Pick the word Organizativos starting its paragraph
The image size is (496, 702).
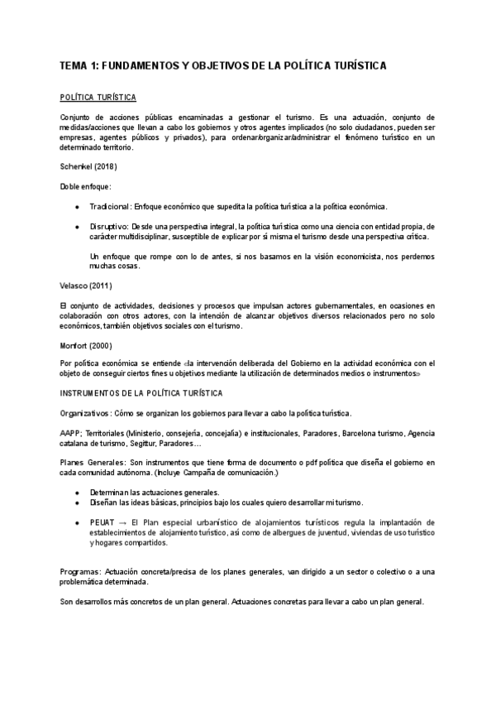click(85, 412)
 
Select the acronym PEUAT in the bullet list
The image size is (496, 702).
click(103, 523)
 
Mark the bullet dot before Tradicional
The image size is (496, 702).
click(76, 206)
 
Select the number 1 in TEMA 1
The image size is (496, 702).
click(92, 65)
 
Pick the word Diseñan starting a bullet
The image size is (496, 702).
click(106, 502)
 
